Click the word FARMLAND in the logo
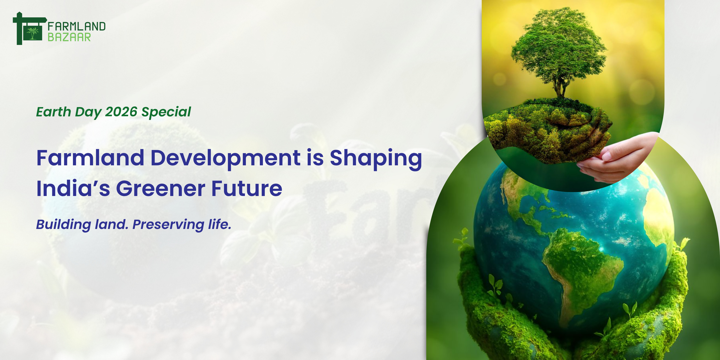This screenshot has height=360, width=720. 77,26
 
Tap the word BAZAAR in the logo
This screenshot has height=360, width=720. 69,37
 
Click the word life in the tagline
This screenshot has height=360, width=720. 220,224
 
